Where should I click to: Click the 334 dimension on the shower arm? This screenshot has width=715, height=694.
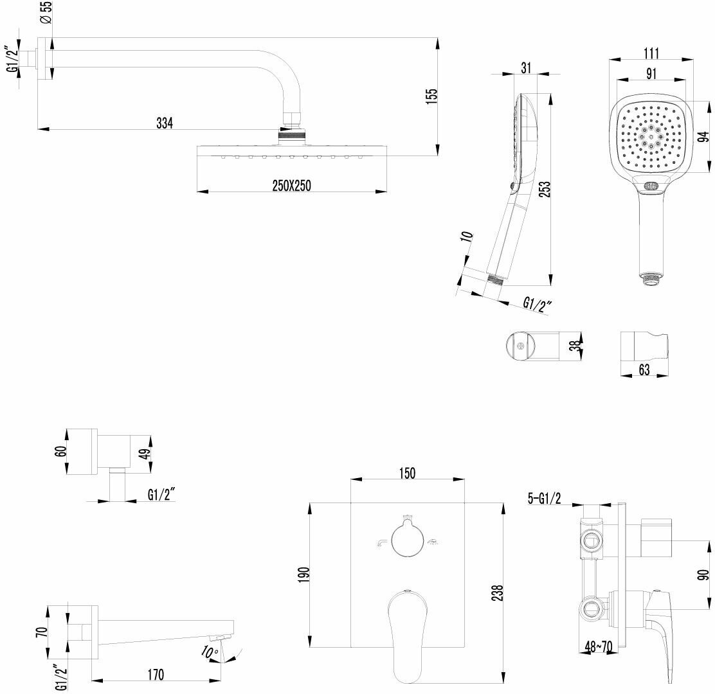pyautogui.click(x=165, y=122)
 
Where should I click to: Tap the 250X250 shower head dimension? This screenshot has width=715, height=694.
pyautogui.click(x=291, y=185)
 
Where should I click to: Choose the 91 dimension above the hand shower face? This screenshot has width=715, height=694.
pyautogui.click(x=650, y=73)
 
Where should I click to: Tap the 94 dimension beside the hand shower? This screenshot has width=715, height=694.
pyautogui.click(x=704, y=136)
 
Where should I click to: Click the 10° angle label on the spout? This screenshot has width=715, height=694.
pyautogui.click(x=210, y=652)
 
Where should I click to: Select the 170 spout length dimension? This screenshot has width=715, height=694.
pyautogui.click(x=155, y=674)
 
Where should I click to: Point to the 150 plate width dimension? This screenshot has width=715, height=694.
pyautogui.click(x=407, y=473)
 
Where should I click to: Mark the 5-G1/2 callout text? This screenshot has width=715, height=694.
pyautogui.click(x=543, y=497)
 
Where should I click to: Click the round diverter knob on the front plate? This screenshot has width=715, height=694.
pyautogui.click(x=407, y=541)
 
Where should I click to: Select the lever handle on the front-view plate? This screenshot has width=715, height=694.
pyautogui.click(x=407, y=633)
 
